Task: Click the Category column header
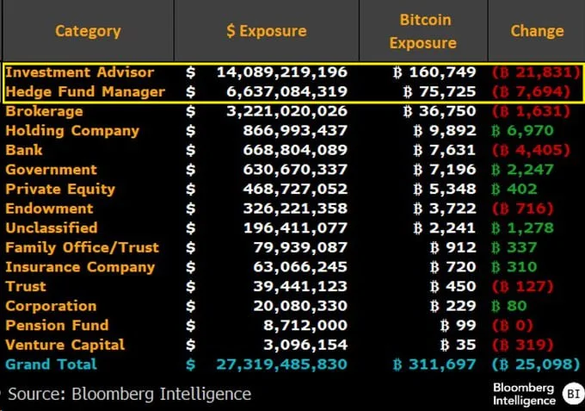pos(88,31)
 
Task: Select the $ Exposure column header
pos(266,31)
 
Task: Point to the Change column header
pos(537,31)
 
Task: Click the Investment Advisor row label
pos(80,72)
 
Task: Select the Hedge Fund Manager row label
pos(85,91)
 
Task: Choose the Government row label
pos(52,170)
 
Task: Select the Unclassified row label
pos(52,228)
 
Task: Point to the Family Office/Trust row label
pos(83,247)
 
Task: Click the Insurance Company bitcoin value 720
pos(453,267)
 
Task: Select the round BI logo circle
pos(571,393)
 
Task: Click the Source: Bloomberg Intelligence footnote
pos(129,394)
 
